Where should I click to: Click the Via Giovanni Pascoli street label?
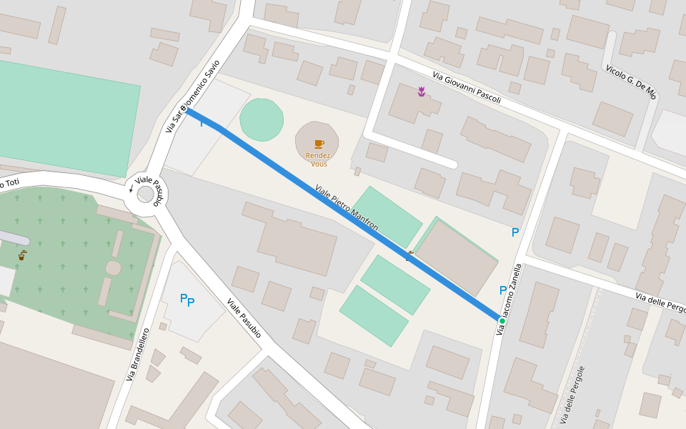tap(467, 87)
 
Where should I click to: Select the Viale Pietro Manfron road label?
tap(347, 207)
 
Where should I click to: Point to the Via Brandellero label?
tap(138, 354)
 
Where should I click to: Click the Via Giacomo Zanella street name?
tap(513, 293)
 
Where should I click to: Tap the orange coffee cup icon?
tap(319, 144)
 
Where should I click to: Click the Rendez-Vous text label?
tap(319, 159)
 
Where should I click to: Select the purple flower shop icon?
tap(422, 91)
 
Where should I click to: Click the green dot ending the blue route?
tap(502, 321)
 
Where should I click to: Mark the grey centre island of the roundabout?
tap(146, 194)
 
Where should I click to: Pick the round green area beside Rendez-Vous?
tap(262, 119)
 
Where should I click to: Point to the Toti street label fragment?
tap(10, 184)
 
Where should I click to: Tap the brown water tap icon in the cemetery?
tap(22, 255)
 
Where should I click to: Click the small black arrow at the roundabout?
tap(131, 189)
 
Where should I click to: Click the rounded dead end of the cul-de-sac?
tap(451, 163)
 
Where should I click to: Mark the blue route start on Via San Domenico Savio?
tap(186, 109)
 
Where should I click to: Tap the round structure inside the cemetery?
tap(113, 268)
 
